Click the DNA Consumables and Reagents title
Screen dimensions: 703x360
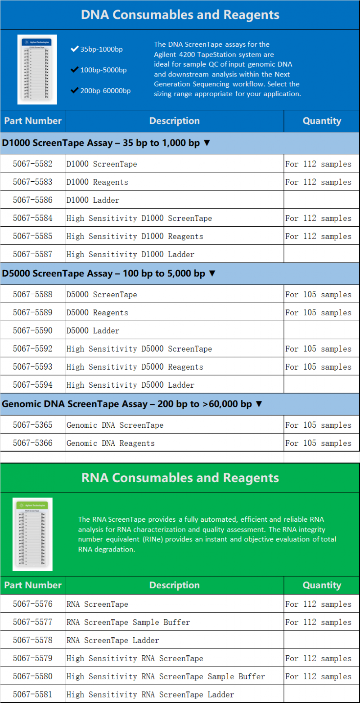tap(180, 15)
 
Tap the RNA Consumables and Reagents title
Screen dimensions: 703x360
tap(180, 478)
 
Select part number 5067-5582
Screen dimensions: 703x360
tap(32, 164)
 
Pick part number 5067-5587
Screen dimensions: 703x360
tap(32, 254)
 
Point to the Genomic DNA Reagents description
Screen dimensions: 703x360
tap(111, 443)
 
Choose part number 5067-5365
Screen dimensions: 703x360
tap(32, 425)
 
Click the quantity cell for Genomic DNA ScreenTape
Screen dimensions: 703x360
tap(318, 425)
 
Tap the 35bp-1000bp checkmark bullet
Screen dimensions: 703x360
tap(75, 49)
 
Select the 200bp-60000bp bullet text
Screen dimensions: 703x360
tap(105, 91)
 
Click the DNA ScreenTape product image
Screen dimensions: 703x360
tap(38, 70)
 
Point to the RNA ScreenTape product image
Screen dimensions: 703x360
tap(32, 534)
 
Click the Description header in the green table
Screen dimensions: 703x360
tap(174, 585)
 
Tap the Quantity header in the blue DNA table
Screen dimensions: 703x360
tap(322, 121)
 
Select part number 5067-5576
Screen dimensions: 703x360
tap(32, 604)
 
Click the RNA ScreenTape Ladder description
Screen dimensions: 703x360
tap(113, 640)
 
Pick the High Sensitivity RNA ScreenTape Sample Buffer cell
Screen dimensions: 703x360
tap(166, 676)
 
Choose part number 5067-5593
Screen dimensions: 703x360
tap(32, 367)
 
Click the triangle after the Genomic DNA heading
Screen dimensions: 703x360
tap(258, 404)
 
